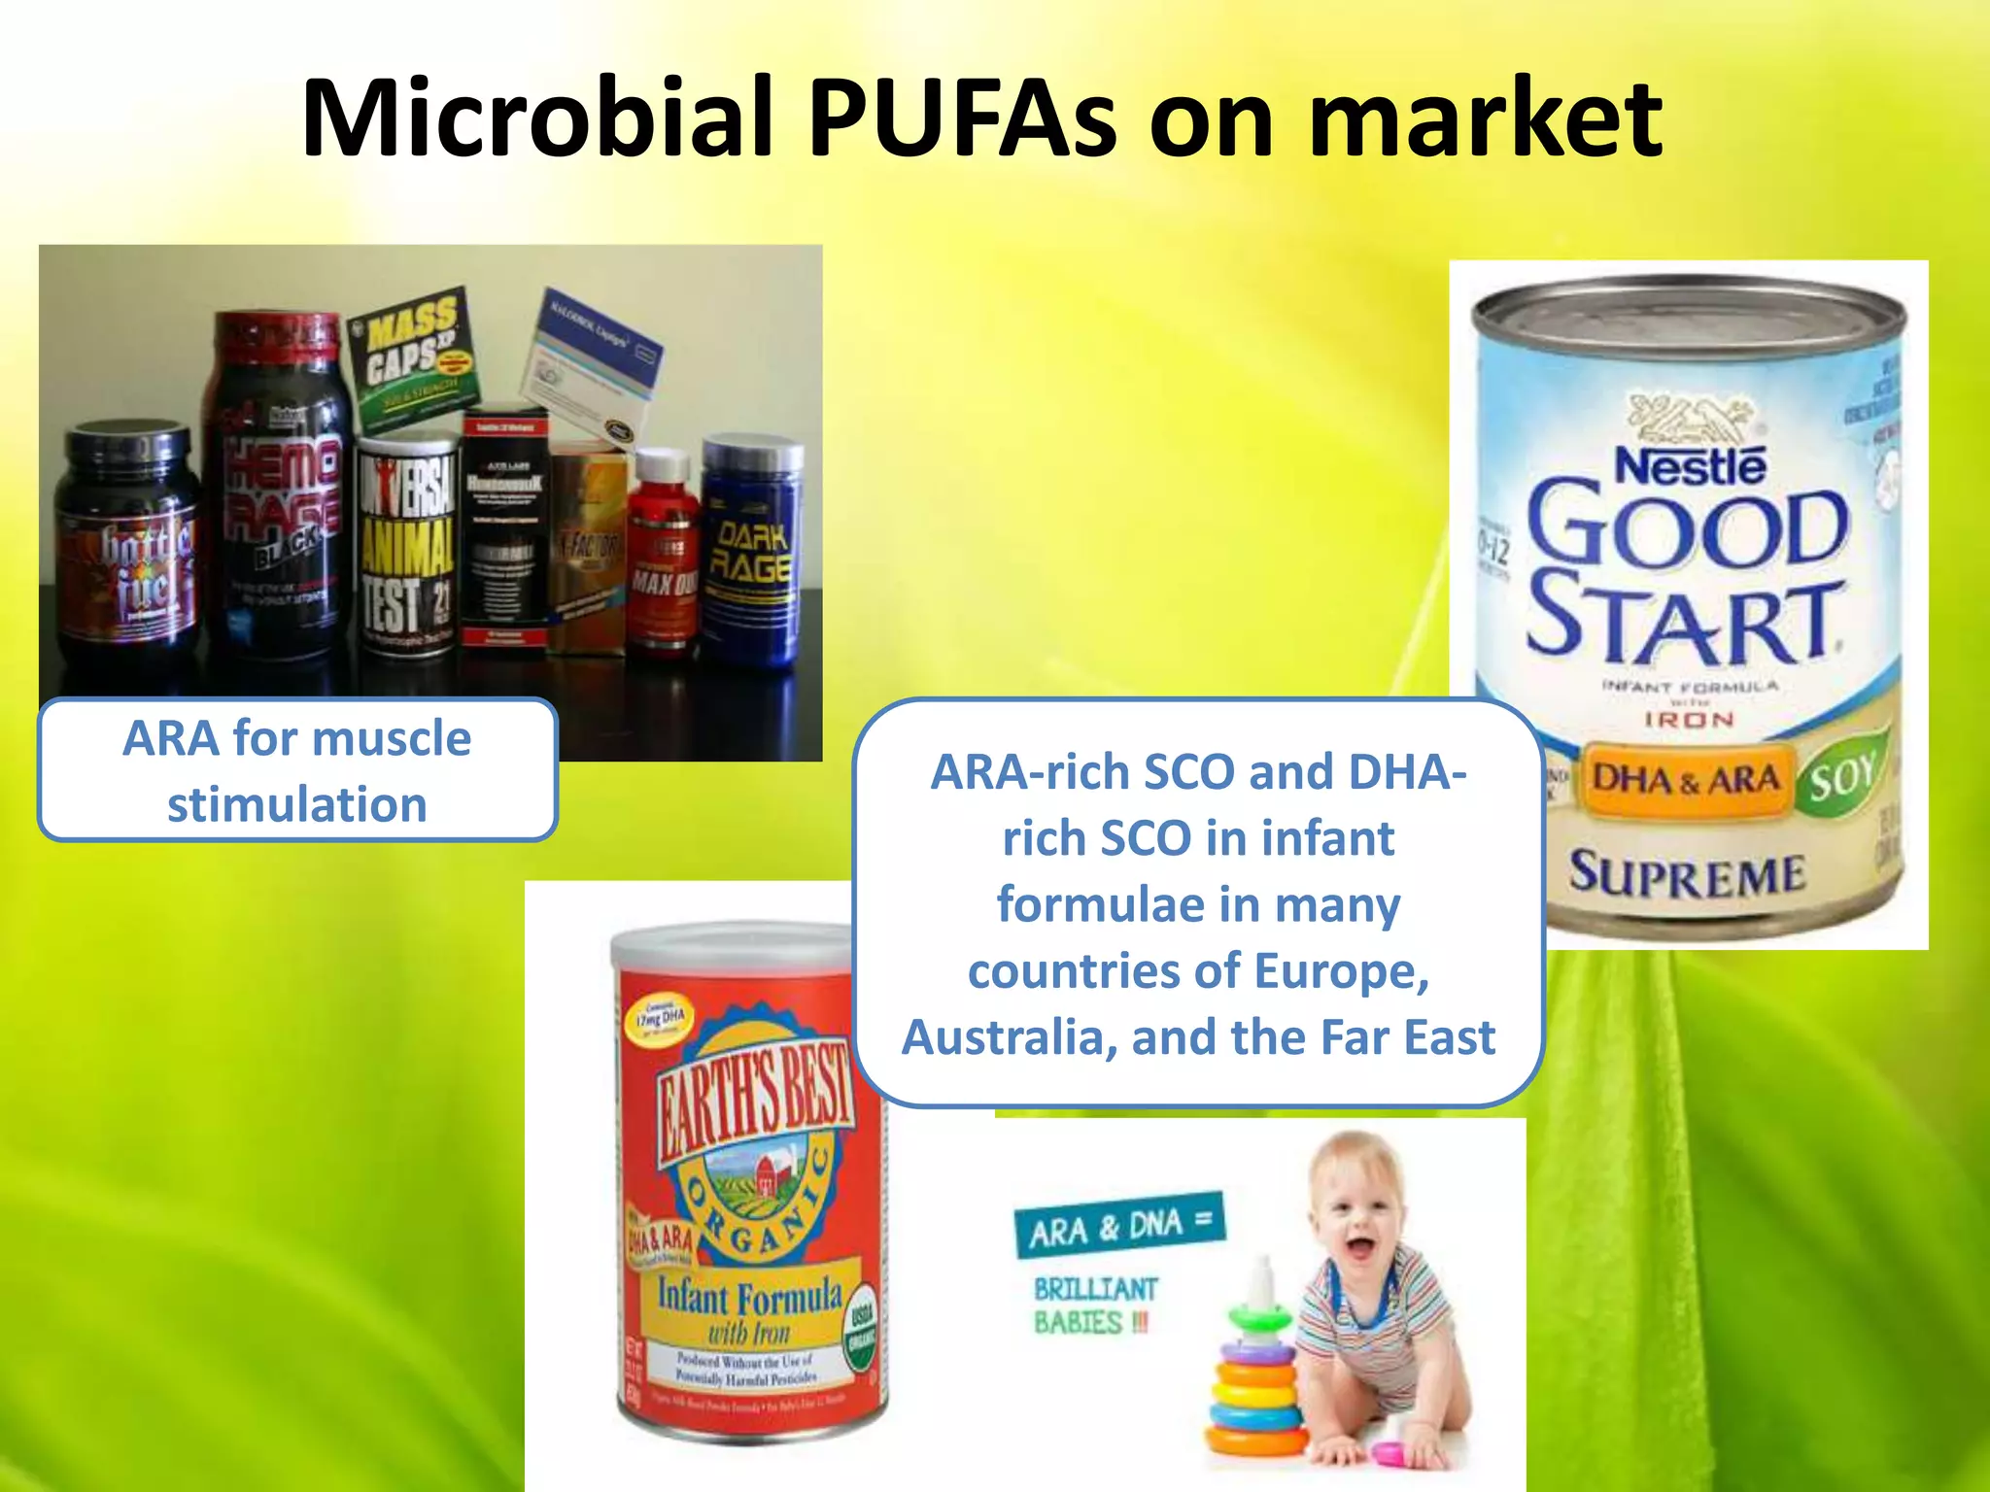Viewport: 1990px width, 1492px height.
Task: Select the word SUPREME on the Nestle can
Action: (x=1688, y=873)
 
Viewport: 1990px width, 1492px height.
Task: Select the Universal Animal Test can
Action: (x=406, y=549)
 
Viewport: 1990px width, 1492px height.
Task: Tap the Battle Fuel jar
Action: (x=128, y=544)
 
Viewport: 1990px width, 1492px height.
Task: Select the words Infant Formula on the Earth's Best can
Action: (x=748, y=1296)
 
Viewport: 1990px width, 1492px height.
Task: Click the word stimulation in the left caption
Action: (x=297, y=805)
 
